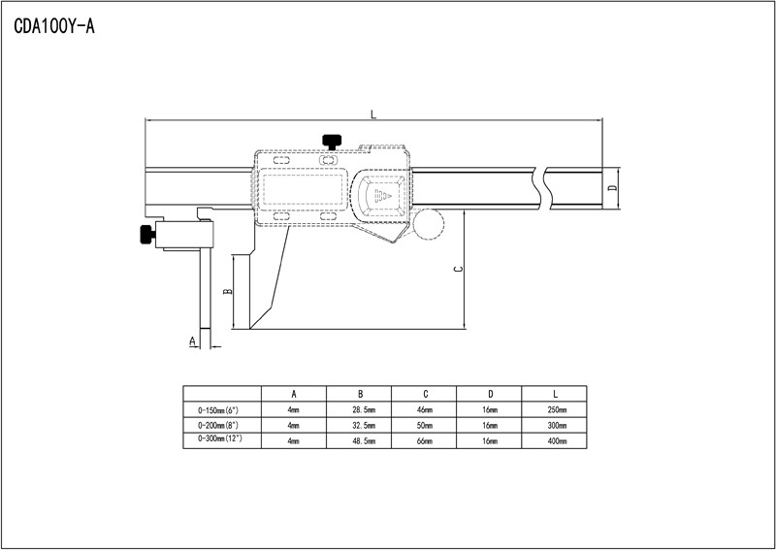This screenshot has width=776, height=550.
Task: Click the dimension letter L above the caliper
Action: coord(373,115)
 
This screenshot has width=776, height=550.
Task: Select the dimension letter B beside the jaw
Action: coord(226,290)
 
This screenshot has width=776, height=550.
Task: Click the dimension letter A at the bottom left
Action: coord(192,340)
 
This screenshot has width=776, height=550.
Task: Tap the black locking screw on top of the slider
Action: coord(334,142)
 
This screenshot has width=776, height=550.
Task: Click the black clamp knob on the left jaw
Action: coord(145,234)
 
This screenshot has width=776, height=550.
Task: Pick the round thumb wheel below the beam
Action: coord(428,223)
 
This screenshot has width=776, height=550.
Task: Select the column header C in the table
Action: coord(425,394)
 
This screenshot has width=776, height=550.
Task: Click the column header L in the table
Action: coord(556,394)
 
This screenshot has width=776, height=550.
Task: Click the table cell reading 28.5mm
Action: coord(360,410)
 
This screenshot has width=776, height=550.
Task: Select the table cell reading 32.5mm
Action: coord(360,425)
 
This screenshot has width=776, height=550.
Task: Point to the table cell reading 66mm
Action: coord(425,440)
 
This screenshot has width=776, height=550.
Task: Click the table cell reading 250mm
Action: coord(556,410)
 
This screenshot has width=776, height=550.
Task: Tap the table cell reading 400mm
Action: coord(556,440)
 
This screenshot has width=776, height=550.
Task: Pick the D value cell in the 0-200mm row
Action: coord(490,425)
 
